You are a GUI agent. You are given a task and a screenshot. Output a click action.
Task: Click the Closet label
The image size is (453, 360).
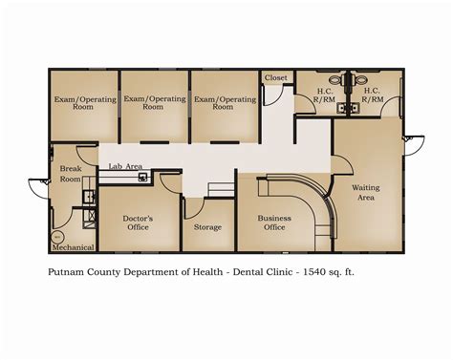(x=276, y=77)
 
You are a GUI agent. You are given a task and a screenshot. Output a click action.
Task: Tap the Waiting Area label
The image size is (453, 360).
(x=367, y=193)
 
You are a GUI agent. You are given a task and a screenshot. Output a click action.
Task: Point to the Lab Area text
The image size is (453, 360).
(x=125, y=166)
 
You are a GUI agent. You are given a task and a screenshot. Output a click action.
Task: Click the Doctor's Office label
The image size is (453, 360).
(x=139, y=222)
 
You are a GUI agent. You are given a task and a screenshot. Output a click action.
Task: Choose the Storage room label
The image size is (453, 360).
(x=207, y=227)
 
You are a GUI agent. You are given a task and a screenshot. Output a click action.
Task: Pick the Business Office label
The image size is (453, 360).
(x=274, y=222)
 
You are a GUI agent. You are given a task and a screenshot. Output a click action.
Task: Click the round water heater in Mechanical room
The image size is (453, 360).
(x=57, y=235)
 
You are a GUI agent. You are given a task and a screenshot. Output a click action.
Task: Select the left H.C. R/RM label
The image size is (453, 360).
(x=325, y=95)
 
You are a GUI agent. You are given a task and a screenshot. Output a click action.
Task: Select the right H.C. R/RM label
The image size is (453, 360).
(x=373, y=95)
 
